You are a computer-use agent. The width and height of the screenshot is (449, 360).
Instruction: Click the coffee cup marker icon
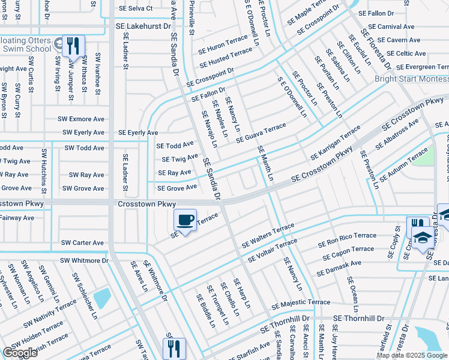point(185,220)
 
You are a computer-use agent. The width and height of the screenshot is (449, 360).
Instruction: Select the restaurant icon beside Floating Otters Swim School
point(73,46)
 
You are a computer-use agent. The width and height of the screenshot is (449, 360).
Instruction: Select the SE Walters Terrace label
point(268,236)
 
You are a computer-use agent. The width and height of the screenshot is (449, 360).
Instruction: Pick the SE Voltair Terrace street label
point(269,251)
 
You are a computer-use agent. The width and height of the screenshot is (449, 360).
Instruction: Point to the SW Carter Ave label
point(82,243)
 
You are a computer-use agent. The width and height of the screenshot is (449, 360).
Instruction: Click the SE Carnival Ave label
point(391,27)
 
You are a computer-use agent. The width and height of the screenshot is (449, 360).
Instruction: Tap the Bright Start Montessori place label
point(411,79)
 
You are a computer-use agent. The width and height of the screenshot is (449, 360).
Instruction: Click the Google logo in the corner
point(20,353)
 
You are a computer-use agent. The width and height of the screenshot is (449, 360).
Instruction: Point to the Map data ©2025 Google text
point(411,355)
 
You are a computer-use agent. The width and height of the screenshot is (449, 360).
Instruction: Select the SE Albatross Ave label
point(397,135)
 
